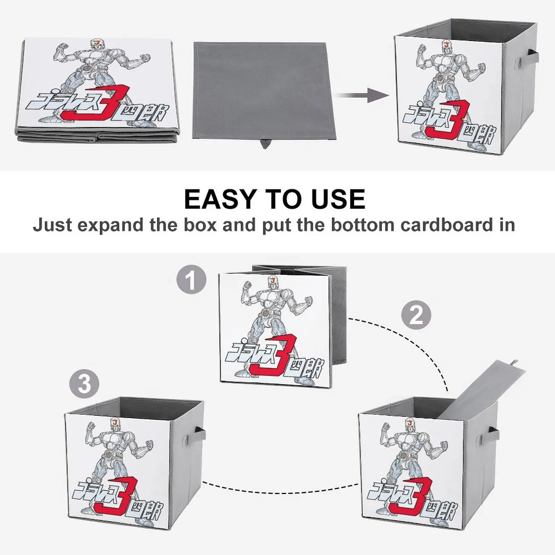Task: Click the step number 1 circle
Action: [x=191, y=279]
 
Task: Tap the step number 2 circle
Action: [x=416, y=315]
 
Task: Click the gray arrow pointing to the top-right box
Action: [x=362, y=95]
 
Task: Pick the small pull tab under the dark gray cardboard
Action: [x=265, y=143]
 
